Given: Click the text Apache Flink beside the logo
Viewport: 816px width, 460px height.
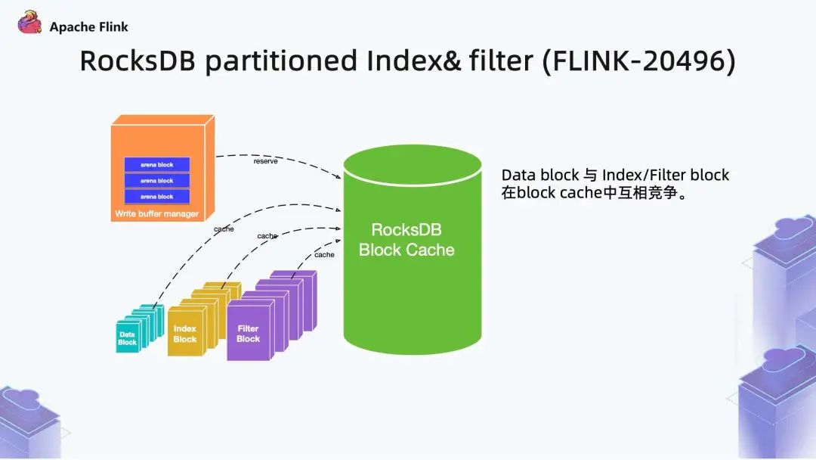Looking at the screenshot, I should click(x=89, y=27).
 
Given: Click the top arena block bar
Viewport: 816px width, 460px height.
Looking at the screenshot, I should click(x=156, y=164).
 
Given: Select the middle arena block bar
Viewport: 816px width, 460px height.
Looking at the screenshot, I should click(x=156, y=181).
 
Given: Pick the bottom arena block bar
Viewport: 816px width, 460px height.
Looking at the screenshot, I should click(x=156, y=197).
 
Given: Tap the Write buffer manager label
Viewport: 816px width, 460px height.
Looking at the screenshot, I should click(x=156, y=214).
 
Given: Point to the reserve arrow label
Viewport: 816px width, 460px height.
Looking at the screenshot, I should click(x=265, y=161).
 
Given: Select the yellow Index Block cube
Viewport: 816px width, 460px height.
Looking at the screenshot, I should click(x=184, y=334).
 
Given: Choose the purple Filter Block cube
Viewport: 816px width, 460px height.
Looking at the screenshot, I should click(x=248, y=334).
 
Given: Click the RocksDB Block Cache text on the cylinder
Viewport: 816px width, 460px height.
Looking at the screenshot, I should click(x=406, y=239).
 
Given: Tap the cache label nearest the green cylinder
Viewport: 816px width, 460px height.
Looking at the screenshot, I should click(x=324, y=255).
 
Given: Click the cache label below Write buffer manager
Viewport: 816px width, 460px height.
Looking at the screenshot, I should click(x=224, y=228).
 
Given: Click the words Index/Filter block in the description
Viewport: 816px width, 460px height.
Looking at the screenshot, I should click(x=666, y=176).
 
